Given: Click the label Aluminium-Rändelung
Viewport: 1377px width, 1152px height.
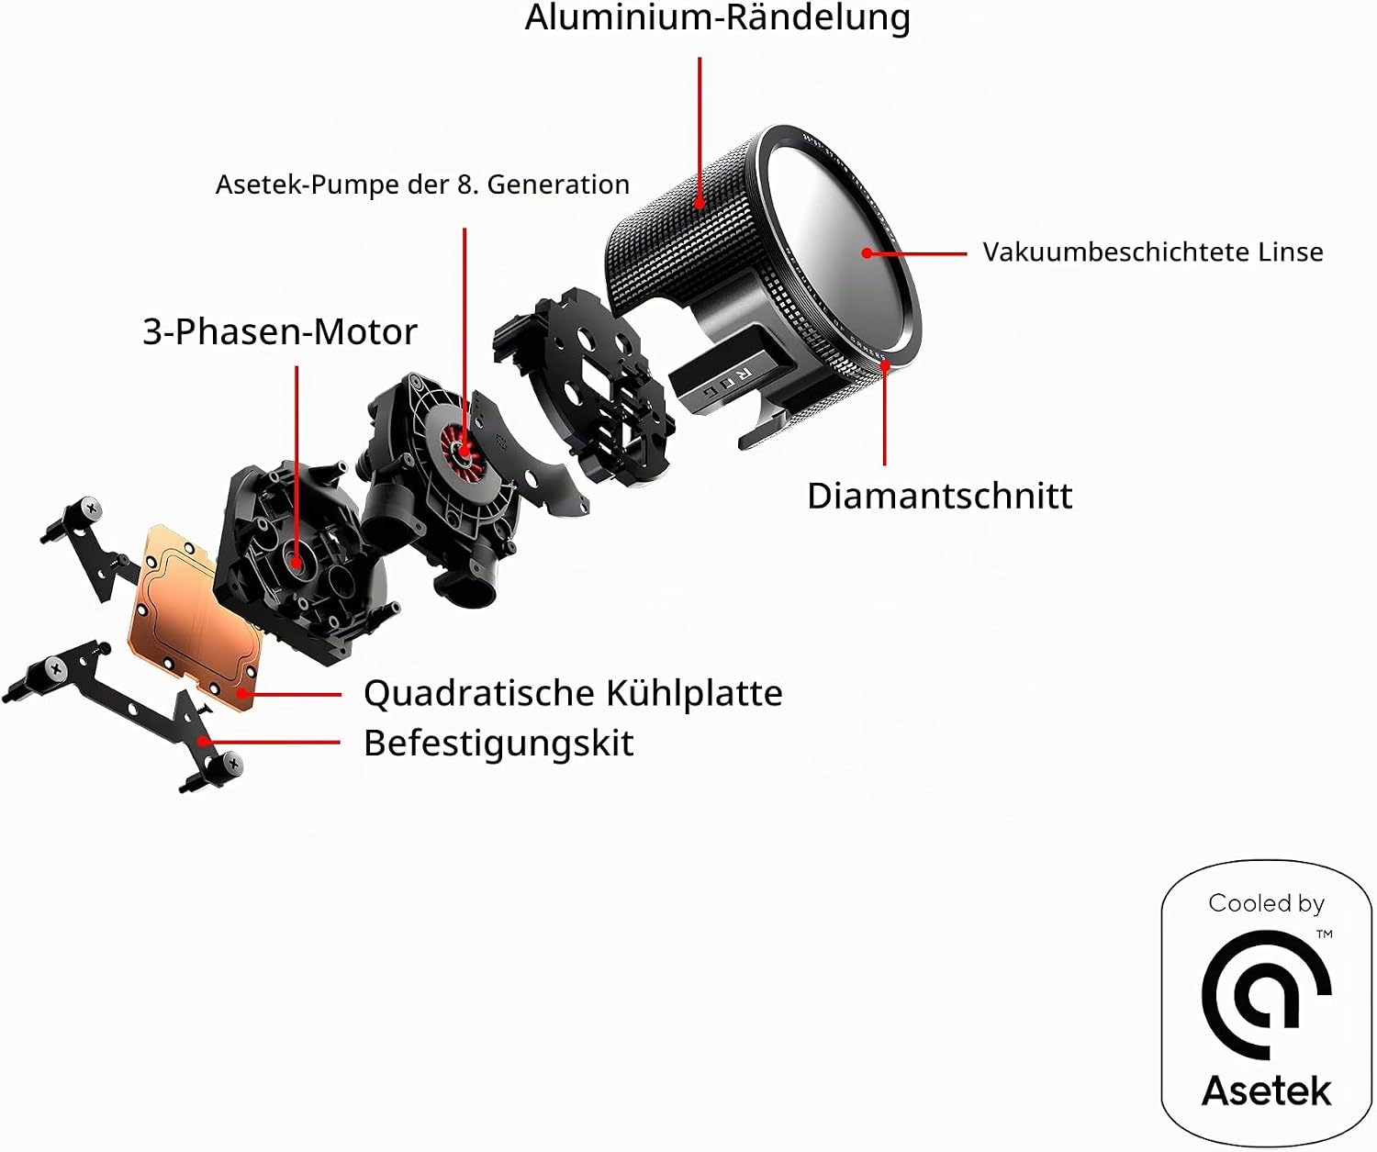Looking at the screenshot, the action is (x=718, y=17).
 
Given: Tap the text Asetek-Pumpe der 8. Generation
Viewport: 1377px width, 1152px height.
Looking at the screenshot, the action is (x=422, y=185).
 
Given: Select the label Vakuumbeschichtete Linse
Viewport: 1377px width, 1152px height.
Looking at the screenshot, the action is (x=1153, y=252).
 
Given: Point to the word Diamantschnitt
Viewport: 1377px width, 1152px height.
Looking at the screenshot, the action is (x=940, y=496).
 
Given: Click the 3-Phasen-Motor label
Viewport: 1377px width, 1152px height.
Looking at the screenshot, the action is (x=280, y=331).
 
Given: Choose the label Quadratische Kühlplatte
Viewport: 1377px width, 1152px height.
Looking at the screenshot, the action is (x=573, y=694).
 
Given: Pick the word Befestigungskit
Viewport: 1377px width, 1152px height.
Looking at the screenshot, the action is (x=498, y=744).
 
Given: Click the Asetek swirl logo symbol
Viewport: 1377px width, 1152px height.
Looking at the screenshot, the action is (x=1266, y=996).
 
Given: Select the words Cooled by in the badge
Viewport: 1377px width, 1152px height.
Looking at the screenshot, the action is (x=1266, y=904).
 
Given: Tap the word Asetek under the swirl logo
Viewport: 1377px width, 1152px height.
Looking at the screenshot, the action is (x=1266, y=1090).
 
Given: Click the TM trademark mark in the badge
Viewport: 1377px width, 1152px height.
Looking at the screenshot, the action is (x=1325, y=934).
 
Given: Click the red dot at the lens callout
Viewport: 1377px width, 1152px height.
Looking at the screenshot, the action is (x=868, y=253).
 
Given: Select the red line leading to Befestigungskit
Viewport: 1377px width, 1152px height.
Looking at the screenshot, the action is (x=271, y=742).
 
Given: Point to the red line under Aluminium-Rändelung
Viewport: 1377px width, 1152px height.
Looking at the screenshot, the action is (x=700, y=132).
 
